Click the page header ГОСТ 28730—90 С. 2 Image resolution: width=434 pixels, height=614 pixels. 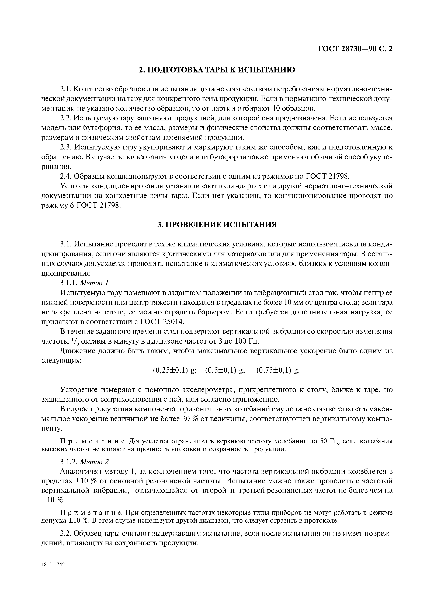[355, 49]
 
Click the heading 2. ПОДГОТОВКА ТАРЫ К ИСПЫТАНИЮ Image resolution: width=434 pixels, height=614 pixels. [217, 70]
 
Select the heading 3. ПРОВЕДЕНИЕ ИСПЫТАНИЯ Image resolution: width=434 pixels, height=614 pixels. [217, 225]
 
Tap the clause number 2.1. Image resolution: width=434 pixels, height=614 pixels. [66, 89]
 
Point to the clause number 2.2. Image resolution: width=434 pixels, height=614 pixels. [66, 118]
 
